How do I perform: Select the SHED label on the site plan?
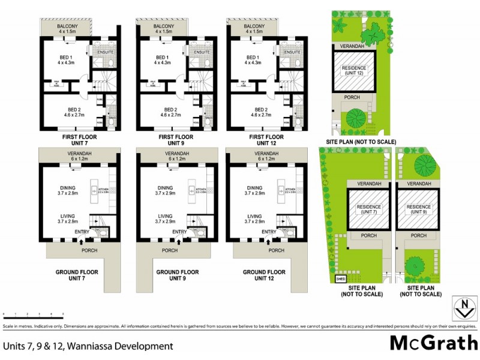[340, 278]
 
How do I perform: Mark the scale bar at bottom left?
[33, 314]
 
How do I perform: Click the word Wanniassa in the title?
[95, 346]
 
